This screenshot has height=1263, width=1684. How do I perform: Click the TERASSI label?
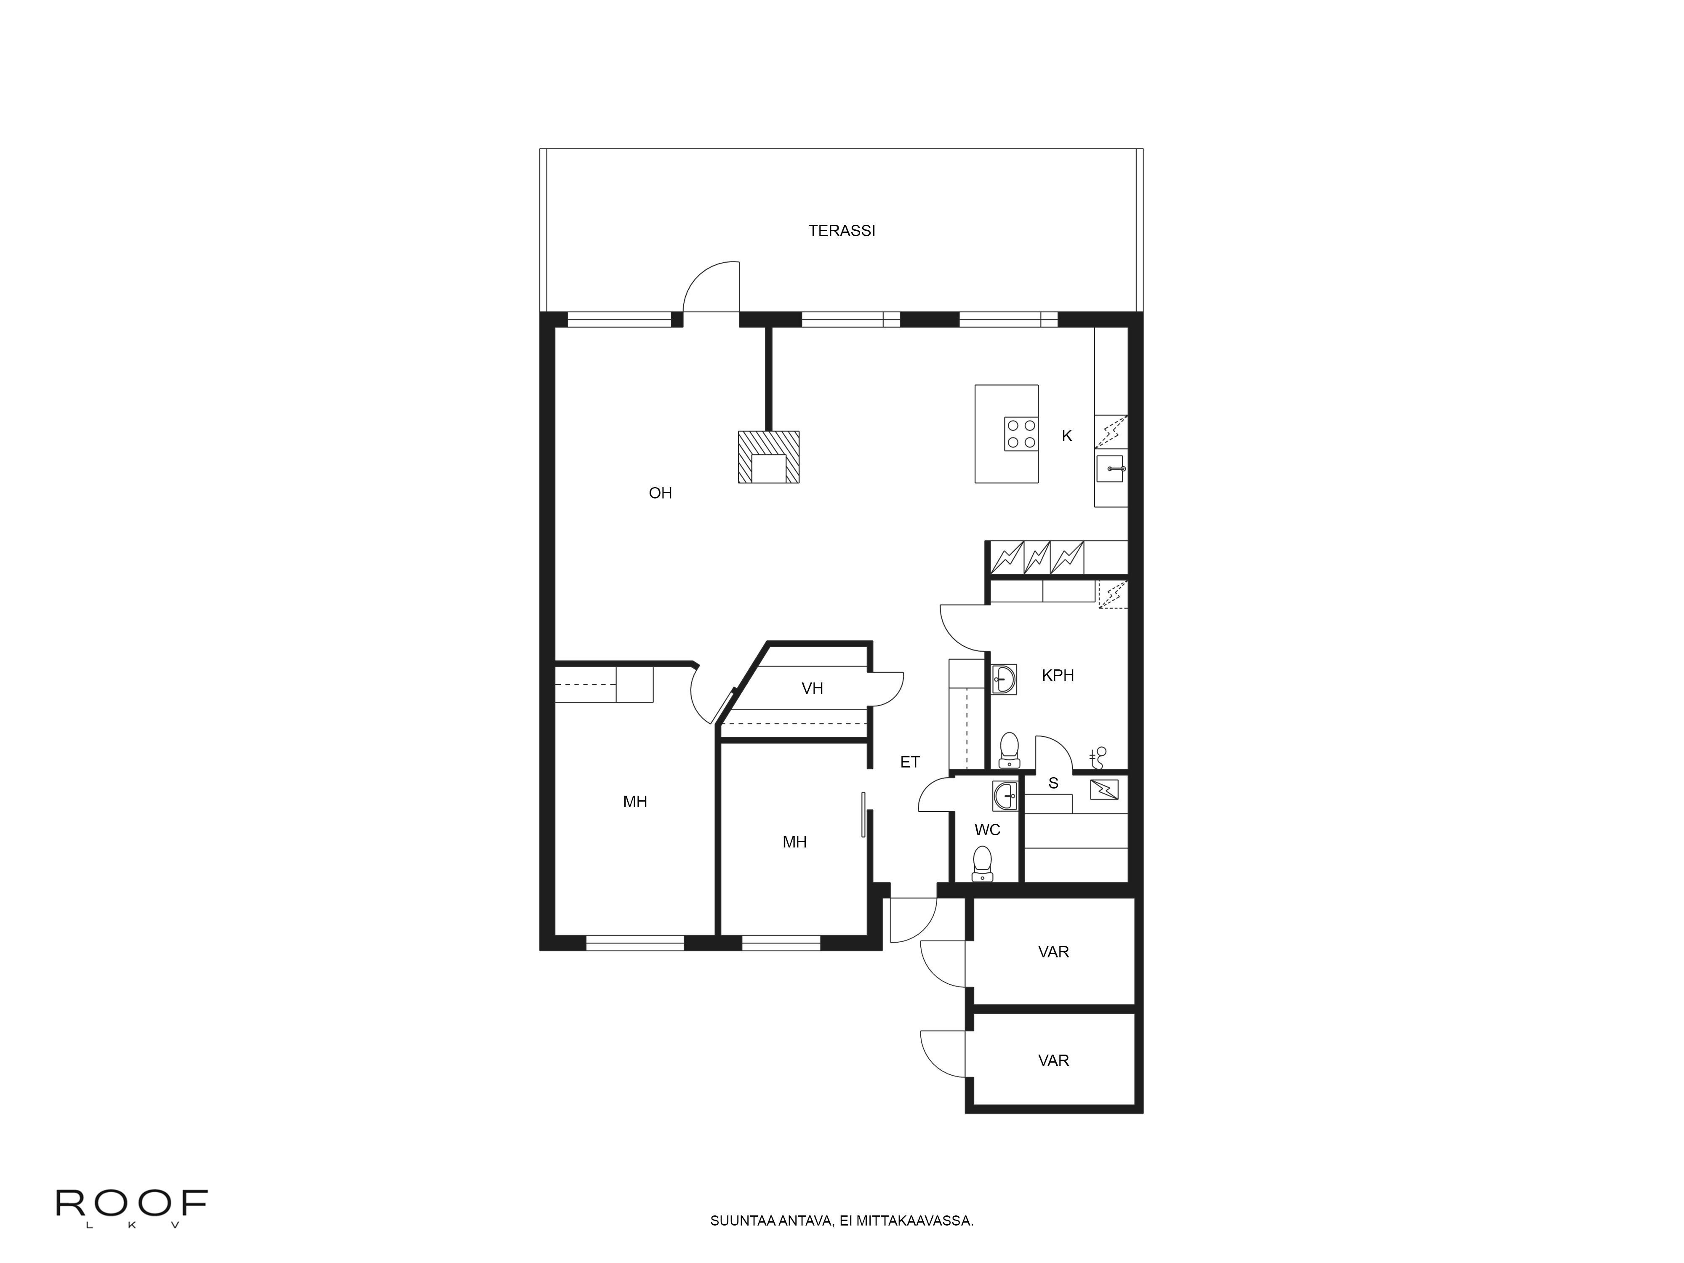841,231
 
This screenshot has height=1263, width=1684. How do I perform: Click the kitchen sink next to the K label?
1111,469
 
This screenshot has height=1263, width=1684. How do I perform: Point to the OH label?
660,493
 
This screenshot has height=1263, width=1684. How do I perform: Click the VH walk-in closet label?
812,688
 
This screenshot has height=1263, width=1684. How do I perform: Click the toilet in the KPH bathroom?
1009,749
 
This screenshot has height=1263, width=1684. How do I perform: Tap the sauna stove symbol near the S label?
1104,789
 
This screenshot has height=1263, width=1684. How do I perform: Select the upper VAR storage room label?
1053,951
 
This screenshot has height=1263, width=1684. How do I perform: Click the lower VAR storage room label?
1053,1060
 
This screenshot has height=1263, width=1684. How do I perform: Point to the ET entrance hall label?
910,762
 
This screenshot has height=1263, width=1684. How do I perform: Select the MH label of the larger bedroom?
635,802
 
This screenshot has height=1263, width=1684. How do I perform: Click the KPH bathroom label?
1058,675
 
